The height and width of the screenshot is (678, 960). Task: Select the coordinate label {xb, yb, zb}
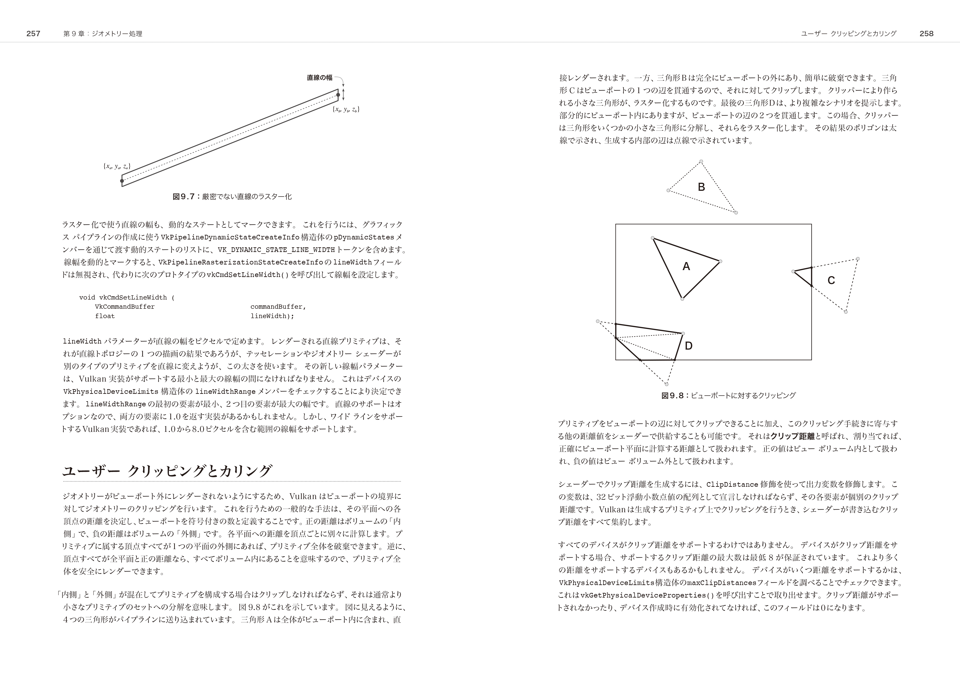346,110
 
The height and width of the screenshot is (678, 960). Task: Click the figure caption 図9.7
232,197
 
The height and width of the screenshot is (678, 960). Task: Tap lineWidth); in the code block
272,316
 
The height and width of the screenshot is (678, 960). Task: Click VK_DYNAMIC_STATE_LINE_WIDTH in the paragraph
276,250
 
